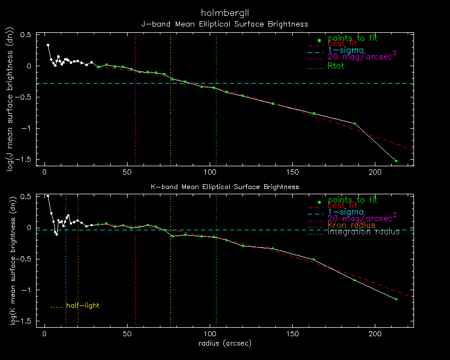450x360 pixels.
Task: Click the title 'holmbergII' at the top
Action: point(224,12)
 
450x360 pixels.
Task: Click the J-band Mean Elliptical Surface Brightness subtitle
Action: point(224,24)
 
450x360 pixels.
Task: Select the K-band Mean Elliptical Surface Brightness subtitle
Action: point(224,187)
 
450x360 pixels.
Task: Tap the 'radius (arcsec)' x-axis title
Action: point(224,343)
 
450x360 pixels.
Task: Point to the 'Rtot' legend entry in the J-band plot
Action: point(336,66)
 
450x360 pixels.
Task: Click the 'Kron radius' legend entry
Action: point(351,226)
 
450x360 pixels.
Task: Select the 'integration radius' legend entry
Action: point(363,232)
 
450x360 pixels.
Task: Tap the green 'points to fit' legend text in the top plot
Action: point(352,38)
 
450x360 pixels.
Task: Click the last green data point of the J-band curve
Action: point(396,160)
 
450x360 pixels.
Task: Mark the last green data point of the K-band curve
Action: point(396,299)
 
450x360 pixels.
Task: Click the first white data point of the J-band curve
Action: point(48,46)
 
